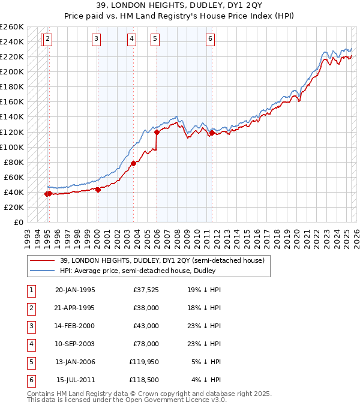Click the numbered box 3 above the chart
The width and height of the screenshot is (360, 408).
click(x=97, y=40)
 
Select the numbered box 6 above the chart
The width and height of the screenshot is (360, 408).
click(x=211, y=40)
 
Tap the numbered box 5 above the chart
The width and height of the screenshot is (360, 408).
click(x=155, y=40)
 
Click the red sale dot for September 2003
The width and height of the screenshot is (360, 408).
click(x=133, y=163)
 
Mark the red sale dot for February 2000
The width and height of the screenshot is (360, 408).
click(x=98, y=189)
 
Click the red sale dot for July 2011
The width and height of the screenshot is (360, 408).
click(x=212, y=133)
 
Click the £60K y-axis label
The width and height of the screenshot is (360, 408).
click(x=14, y=177)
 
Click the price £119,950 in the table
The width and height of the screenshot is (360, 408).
click(x=145, y=362)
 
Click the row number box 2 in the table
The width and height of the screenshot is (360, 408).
click(x=31, y=308)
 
